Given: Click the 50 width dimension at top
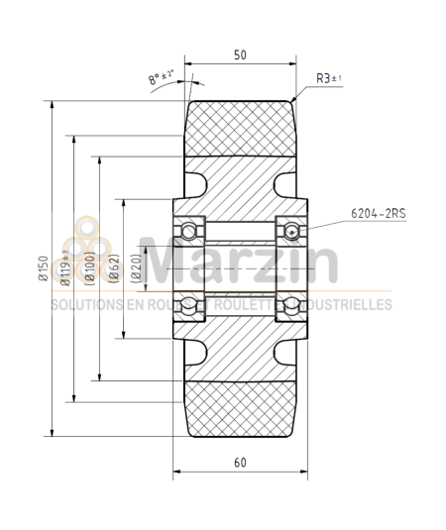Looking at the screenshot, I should point(240,56).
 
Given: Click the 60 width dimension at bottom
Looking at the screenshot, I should point(240,461).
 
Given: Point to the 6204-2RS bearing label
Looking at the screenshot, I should point(381,212).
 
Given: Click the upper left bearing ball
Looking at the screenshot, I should point(188,231).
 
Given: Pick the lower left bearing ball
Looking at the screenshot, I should point(188,304).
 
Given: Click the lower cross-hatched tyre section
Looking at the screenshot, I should point(240,406).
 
